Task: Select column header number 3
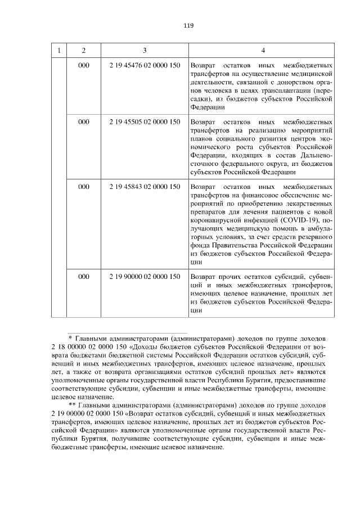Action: (x=145, y=51)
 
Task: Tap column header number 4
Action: (x=263, y=51)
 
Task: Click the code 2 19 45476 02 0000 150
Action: (x=145, y=65)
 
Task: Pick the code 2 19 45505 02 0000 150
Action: (x=145, y=121)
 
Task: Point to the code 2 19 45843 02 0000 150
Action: (x=145, y=186)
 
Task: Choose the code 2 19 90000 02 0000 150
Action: (x=145, y=276)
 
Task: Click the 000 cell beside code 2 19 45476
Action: (x=84, y=65)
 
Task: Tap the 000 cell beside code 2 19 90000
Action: (x=84, y=276)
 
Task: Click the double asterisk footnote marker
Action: (x=71, y=404)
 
